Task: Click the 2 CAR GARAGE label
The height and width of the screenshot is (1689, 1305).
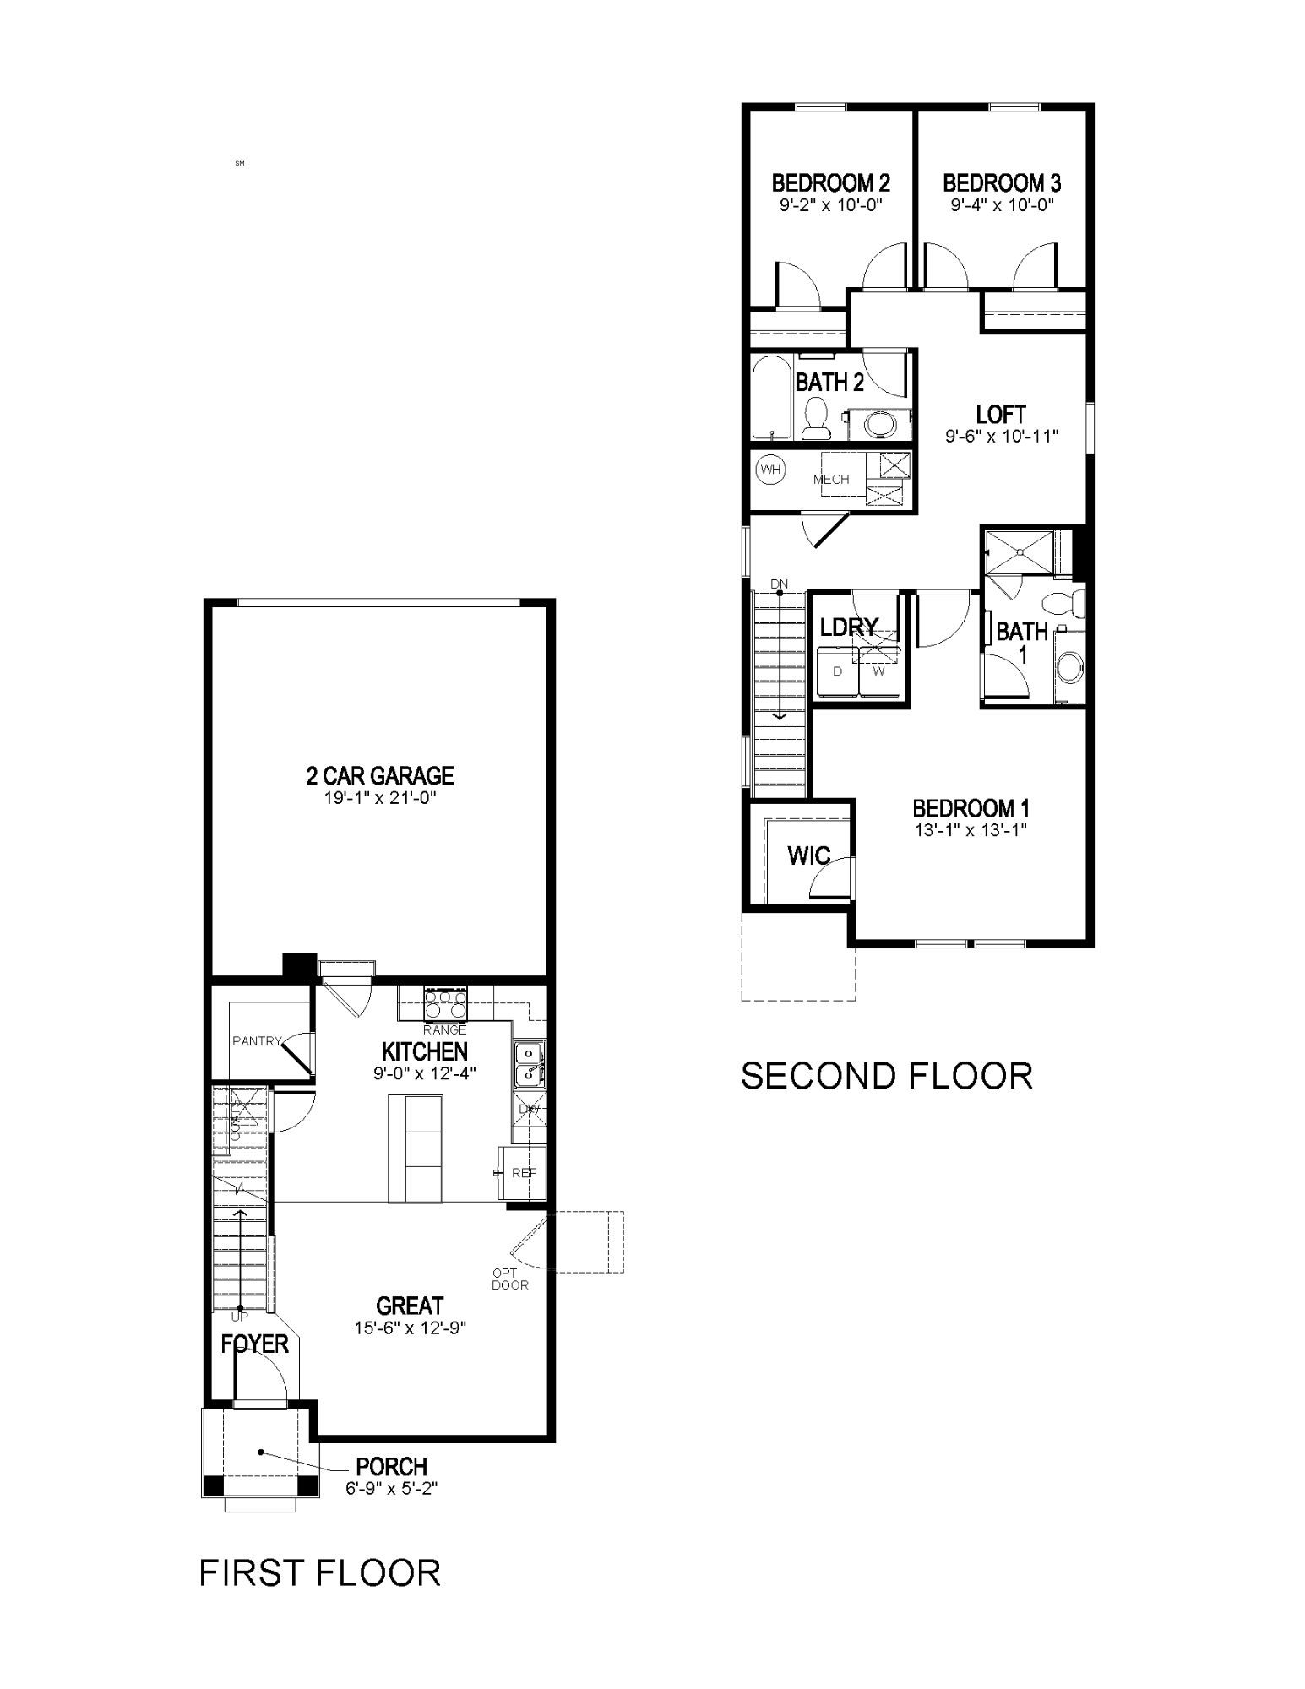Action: (379, 775)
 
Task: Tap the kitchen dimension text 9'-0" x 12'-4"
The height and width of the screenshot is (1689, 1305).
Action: (424, 1073)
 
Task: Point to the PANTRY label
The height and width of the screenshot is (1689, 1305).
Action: (256, 1041)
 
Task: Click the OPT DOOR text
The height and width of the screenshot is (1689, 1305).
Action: (509, 1279)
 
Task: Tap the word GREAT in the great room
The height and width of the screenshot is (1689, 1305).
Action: (410, 1306)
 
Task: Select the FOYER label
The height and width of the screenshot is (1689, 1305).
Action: (254, 1344)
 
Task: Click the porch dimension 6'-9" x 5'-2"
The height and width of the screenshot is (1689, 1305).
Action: (391, 1488)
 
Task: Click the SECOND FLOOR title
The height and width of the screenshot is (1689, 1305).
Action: (886, 1076)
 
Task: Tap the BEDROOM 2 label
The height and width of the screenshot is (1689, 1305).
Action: (831, 182)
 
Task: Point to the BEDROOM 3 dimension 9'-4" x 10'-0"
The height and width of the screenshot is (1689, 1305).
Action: (1002, 204)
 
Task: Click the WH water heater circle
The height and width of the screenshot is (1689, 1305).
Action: (769, 469)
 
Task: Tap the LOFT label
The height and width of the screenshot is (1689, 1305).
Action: (1001, 415)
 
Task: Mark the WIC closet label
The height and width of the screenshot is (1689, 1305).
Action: (808, 855)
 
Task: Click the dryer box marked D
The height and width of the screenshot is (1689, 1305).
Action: (837, 672)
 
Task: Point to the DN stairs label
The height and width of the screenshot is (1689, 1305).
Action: (779, 584)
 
